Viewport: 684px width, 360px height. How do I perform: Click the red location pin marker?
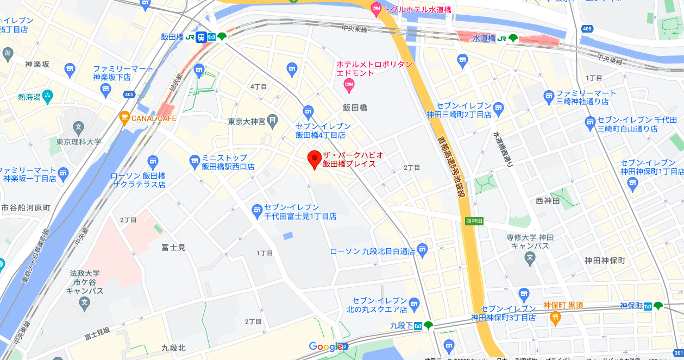tap(314, 160)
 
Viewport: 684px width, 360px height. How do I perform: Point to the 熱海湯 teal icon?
tap(48, 97)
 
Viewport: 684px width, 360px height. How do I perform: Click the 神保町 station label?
tap(631, 306)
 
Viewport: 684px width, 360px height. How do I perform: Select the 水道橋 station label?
tap(483, 39)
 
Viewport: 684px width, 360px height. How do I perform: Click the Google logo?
tap(325, 346)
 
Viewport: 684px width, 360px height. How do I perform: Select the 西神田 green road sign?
tap(474, 221)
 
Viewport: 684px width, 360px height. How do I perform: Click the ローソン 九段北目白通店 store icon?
tap(423, 249)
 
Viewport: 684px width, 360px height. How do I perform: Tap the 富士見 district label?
tap(173, 248)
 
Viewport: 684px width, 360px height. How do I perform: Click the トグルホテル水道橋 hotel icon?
tap(375, 8)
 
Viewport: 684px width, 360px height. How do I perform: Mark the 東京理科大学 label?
tap(79, 142)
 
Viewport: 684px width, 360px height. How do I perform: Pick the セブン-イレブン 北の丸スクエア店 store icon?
tap(415, 302)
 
